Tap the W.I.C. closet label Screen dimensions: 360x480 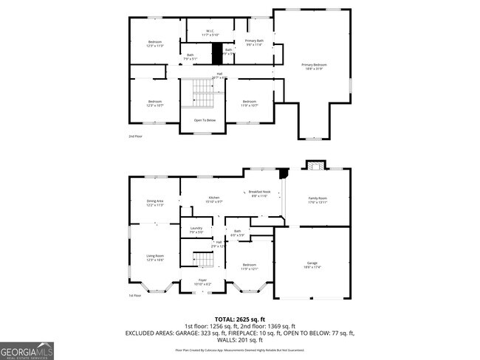[210, 32]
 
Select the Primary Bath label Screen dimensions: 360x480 [254, 42]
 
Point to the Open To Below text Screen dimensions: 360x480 [205, 120]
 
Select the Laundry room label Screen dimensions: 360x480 [196, 229]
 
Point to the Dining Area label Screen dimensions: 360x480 [154, 202]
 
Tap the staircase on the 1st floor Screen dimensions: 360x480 [202, 260]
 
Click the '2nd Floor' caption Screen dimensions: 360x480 [137, 136]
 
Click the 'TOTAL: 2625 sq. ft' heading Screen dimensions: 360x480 [239, 319]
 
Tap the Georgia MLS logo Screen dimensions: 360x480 [27, 350]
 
